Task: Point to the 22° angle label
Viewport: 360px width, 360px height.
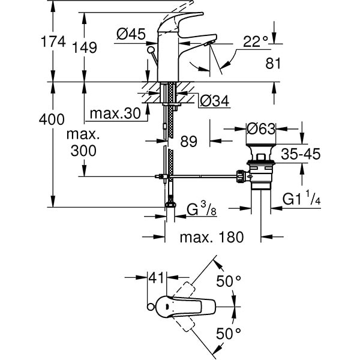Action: (x=257, y=41)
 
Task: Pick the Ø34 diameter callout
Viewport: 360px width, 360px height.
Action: (x=213, y=101)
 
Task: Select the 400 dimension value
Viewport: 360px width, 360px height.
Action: (x=52, y=119)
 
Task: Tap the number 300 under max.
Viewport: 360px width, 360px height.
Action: (x=82, y=151)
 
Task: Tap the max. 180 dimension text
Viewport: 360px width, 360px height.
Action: (x=212, y=237)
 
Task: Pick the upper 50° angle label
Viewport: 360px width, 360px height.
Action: (x=228, y=280)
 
